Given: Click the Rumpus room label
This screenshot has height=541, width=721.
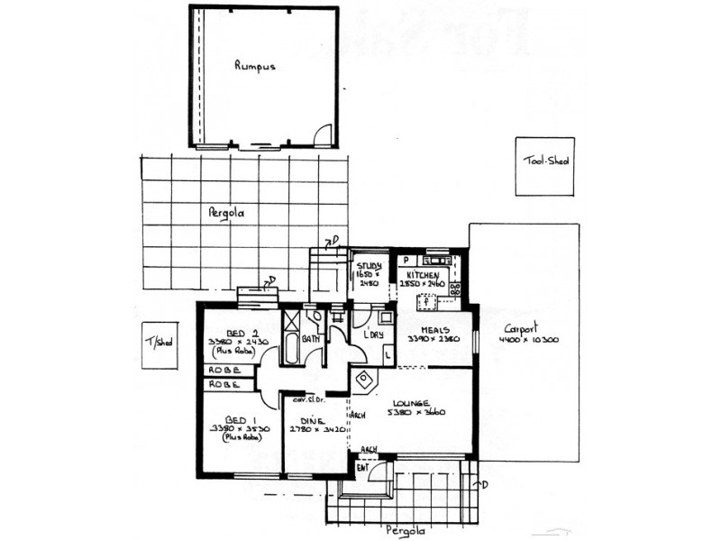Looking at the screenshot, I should pos(254,66).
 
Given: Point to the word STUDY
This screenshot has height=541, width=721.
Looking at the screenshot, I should pos(368,266).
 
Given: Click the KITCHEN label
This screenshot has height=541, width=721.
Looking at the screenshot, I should pos(423,274).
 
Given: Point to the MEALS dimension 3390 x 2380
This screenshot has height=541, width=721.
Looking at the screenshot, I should pos(434,339).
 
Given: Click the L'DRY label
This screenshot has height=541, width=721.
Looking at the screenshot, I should pos(373,335).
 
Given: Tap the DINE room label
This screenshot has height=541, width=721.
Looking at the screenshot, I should pos(314,419).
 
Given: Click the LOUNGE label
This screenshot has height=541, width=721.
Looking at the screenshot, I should pos(423,402).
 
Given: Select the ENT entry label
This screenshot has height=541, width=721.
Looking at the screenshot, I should pos(363,467).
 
